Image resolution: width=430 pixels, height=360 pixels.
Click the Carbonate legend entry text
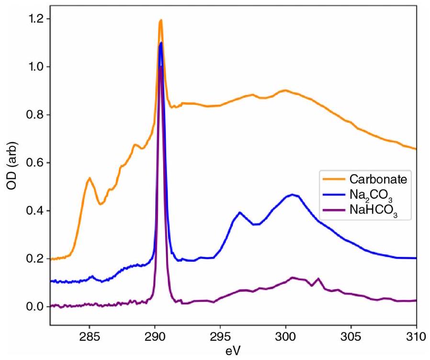tap(378, 180)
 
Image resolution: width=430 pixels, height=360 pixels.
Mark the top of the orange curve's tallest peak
tap(161, 20)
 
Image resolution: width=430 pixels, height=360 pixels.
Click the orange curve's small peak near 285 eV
tap(90, 178)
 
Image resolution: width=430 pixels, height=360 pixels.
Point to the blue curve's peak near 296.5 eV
tap(240, 212)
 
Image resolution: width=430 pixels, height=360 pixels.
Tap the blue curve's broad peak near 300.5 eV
tap(292, 194)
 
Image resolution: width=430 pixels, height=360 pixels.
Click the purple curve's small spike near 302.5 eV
tap(318, 278)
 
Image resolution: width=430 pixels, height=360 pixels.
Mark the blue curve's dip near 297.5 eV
tap(255, 224)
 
